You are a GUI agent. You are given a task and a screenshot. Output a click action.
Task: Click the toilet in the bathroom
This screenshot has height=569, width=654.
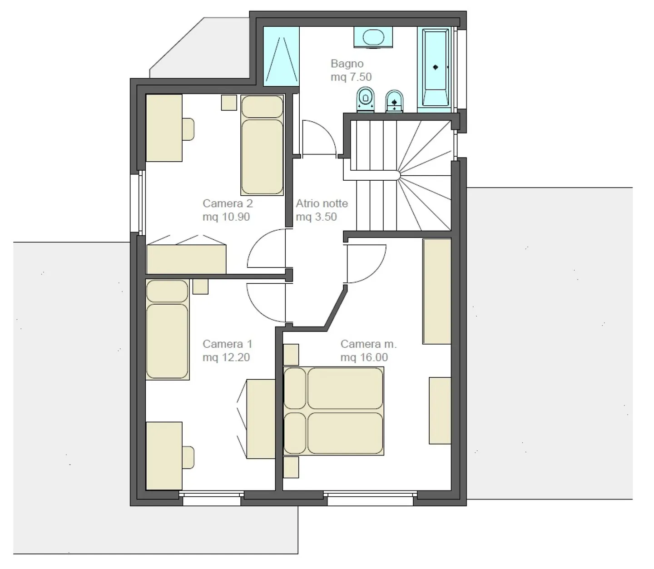[x=365, y=99]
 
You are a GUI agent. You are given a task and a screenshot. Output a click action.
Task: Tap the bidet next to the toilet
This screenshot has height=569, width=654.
[x=395, y=101]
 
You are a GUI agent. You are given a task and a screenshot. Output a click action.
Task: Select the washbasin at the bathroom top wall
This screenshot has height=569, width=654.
[x=373, y=37]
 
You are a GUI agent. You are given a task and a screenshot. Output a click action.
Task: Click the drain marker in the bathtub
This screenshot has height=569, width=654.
[x=436, y=67]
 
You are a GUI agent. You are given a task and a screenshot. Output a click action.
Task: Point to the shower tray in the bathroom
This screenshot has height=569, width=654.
[x=281, y=56]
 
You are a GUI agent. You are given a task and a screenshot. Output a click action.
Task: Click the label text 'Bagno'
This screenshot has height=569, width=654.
[x=347, y=64]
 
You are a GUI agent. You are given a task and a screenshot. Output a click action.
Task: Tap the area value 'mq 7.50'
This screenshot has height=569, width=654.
[x=351, y=77]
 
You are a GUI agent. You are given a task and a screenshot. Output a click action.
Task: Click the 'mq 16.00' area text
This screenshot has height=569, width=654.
[x=364, y=357]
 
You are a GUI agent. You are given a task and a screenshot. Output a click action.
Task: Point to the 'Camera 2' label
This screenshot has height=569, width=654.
[x=228, y=203]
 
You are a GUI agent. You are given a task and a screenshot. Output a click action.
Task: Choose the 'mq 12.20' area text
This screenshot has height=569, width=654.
[x=226, y=357]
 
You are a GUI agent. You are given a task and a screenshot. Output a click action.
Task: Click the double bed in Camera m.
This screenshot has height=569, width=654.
[x=333, y=411]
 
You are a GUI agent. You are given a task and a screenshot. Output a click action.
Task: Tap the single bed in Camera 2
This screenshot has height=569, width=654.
[x=262, y=145]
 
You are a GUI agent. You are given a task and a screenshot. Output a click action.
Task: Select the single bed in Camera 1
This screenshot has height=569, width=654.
[x=167, y=329]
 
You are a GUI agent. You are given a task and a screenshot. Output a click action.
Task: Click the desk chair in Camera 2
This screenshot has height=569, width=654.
[x=188, y=129]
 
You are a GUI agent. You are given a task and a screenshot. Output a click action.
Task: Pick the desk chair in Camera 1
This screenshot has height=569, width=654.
[x=188, y=457]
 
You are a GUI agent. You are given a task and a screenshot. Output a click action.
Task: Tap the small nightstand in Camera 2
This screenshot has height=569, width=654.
[x=229, y=103]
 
